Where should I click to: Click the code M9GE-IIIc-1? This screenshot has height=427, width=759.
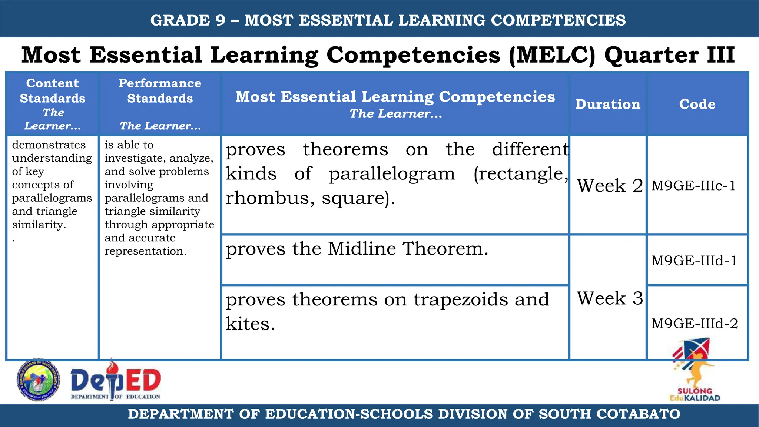tap(693, 186)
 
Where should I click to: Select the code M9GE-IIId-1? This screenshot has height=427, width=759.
tap(694, 261)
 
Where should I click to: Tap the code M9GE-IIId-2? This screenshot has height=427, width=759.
tap(695, 324)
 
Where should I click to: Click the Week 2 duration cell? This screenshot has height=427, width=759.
tap(610, 185)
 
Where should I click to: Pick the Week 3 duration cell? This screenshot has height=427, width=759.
tap(610, 298)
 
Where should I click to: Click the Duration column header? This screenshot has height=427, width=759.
tap(608, 104)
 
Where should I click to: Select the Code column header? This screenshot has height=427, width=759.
tap(697, 104)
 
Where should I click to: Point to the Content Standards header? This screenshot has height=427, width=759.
tap(53, 91)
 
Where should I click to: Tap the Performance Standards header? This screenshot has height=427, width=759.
tap(160, 91)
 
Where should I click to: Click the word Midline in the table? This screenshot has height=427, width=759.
tap(362, 248)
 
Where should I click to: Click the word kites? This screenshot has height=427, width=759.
tap(250, 324)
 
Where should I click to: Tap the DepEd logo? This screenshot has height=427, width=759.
tap(116, 381)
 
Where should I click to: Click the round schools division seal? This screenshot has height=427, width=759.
tap(38, 380)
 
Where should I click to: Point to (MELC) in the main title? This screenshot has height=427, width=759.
tap(552, 55)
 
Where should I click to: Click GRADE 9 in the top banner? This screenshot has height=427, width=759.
tap(188, 20)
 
